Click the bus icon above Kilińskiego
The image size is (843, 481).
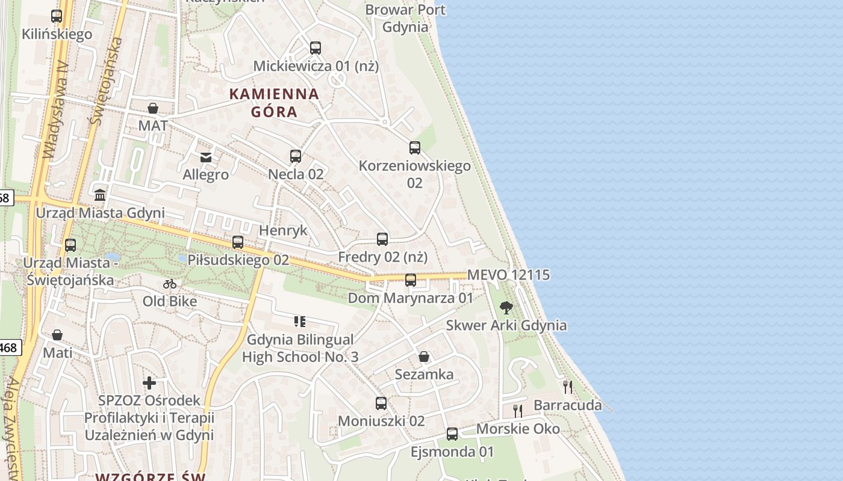pyautogui.click(x=57, y=16)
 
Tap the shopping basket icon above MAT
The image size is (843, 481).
pyautogui.click(x=153, y=108)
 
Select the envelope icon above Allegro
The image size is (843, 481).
pyautogui.click(x=206, y=157)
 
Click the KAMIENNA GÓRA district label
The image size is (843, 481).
pyautogui.click(x=274, y=103)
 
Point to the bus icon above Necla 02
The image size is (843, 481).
pyautogui.click(x=296, y=156)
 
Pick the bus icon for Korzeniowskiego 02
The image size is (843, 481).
pyautogui.click(x=414, y=148)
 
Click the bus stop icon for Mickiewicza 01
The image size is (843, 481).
pyautogui.click(x=315, y=48)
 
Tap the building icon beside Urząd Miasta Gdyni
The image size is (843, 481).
pyautogui.click(x=100, y=195)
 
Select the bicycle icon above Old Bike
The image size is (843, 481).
pyautogui.click(x=170, y=283)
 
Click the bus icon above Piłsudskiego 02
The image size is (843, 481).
pyautogui.click(x=238, y=242)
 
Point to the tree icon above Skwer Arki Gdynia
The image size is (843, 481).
pyautogui.click(x=506, y=308)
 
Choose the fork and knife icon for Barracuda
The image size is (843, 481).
pyautogui.click(x=567, y=387)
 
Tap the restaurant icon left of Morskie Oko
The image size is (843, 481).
pyautogui.click(x=517, y=411)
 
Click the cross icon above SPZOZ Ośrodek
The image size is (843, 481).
pyautogui.click(x=149, y=382)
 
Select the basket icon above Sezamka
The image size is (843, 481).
pyautogui.click(x=424, y=357)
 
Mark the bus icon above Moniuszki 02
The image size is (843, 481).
pyautogui.click(x=381, y=403)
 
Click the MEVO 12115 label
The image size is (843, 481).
pyautogui.click(x=508, y=275)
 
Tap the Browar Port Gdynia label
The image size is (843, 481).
pyautogui.click(x=405, y=18)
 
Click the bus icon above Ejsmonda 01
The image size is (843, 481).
pyautogui.click(x=452, y=434)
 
